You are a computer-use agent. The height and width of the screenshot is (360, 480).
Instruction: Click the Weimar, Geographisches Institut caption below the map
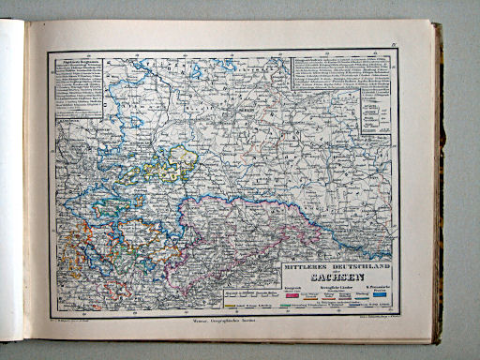tap(222, 323)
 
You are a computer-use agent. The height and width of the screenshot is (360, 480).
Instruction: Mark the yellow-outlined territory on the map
tap(173, 164)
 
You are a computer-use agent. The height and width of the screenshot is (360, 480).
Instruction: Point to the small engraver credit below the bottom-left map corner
tap(75, 319)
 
